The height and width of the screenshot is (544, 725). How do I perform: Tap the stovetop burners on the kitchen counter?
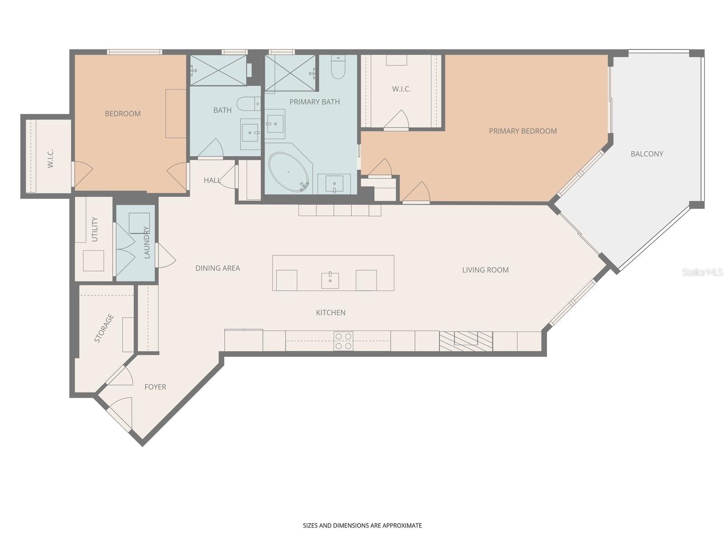(x=343, y=341)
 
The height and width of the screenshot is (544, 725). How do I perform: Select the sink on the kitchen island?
(x=330, y=280)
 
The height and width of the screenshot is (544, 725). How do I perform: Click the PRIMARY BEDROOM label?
(x=522, y=131)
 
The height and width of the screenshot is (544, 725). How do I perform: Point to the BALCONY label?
(x=647, y=154)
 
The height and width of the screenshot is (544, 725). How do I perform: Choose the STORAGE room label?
(x=104, y=328)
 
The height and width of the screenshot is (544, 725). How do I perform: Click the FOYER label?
(x=155, y=387)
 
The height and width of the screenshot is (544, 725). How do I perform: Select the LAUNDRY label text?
(x=146, y=242)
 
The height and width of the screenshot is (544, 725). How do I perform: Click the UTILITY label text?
(x=95, y=229)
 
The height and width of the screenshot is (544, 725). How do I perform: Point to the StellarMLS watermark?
(x=702, y=272)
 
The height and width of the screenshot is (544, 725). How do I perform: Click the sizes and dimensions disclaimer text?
(x=362, y=525)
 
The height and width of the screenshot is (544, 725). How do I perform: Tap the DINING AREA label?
(x=217, y=268)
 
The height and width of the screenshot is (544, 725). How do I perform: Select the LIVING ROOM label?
(x=485, y=270)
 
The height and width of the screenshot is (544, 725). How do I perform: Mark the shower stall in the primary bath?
(x=290, y=73)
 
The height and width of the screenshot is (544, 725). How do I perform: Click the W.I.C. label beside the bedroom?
(x=50, y=158)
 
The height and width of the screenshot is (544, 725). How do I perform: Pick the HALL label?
(x=212, y=180)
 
